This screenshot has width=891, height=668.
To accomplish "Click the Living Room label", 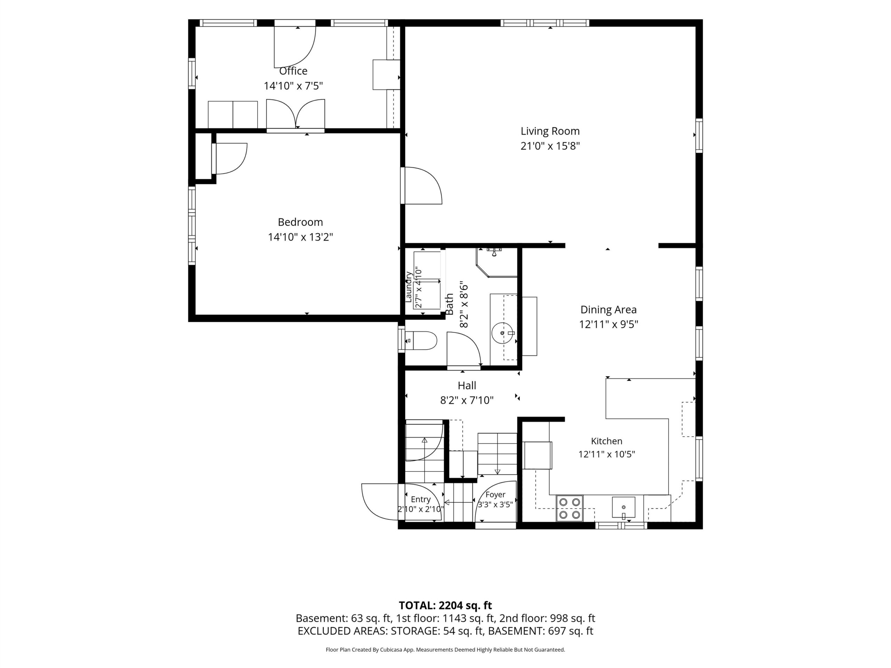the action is (550, 131).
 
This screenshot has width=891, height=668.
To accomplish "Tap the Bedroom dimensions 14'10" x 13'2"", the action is (300, 237).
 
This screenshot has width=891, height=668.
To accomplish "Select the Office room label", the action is (293, 71).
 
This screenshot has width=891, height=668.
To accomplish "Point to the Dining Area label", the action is (608, 310).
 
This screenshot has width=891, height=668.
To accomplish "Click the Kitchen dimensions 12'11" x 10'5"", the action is (607, 454).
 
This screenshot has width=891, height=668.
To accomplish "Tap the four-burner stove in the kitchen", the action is (569, 508).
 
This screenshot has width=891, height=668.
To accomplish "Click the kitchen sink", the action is (624, 507).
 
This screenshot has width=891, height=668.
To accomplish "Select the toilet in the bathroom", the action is (420, 341).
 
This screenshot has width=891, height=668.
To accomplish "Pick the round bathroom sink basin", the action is (504, 333).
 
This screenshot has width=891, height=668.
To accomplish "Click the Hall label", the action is (467, 385).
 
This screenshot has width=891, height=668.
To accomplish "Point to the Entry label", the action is (420, 499).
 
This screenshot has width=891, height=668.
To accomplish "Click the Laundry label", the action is (409, 287).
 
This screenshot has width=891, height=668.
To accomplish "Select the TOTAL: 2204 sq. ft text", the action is (445, 605).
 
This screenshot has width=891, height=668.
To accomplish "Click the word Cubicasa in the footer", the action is (390, 650).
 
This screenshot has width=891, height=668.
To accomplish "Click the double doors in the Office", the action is (295, 114).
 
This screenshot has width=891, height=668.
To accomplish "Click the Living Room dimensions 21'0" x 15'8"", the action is (550, 146).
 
